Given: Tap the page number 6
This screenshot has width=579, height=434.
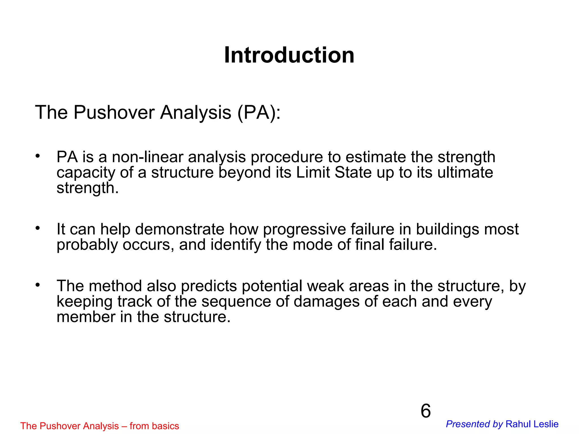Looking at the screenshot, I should pos(425,411).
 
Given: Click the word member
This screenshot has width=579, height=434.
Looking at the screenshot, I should pos(86,317).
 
